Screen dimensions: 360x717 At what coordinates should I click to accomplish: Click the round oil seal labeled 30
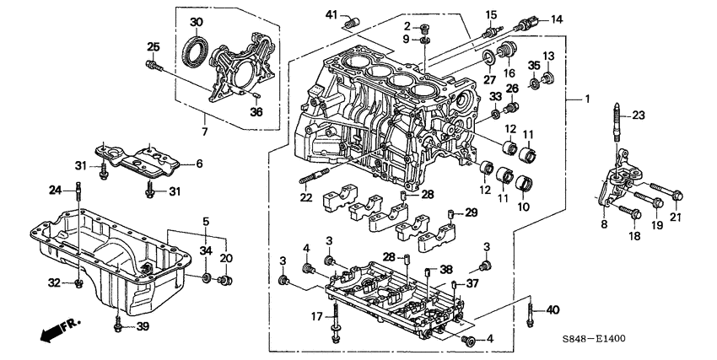click(x=196, y=51)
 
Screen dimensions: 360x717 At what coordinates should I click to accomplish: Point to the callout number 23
click(x=638, y=116)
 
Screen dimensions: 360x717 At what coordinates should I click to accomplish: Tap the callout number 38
click(x=445, y=271)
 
